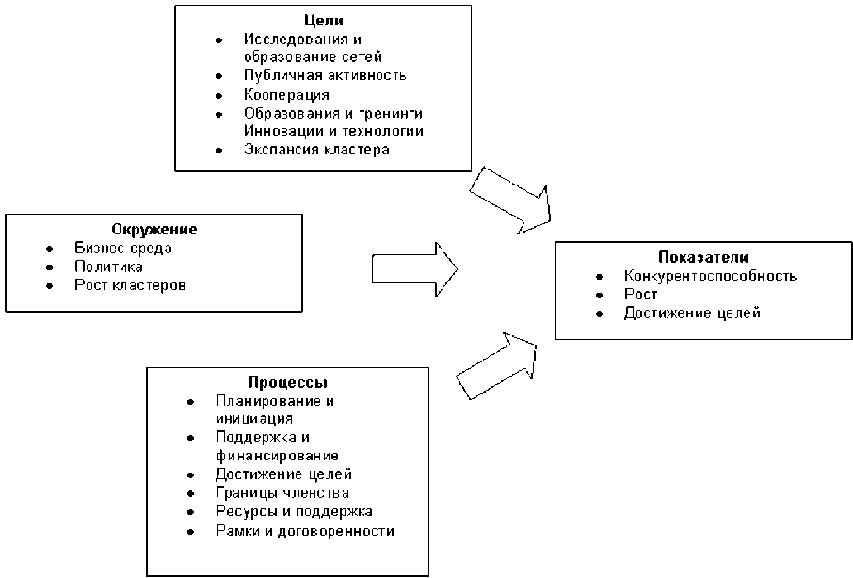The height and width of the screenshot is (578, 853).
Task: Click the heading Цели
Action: (x=322, y=21)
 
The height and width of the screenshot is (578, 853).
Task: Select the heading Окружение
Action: (x=153, y=230)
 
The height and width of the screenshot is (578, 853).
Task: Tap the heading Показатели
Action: (x=703, y=257)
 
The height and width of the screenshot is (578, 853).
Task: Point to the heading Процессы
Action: (x=288, y=382)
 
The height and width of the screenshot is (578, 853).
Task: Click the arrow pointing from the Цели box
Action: (x=511, y=200)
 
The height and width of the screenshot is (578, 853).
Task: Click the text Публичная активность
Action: (x=324, y=75)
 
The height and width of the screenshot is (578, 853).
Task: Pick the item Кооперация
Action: (x=285, y=94)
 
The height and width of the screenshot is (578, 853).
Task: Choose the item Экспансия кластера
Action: (x=315, y=149)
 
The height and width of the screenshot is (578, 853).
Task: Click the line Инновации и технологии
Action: (x=332, y=131)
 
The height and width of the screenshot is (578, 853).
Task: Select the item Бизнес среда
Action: (x=123, y=249)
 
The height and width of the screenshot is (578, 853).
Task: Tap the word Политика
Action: (x=108, y=266)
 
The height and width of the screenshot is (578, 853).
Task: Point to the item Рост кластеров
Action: (x=130, y=284)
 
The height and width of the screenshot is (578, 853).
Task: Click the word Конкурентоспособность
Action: (x=710, y=276)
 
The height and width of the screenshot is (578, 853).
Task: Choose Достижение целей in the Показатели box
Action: (x=691, y=313)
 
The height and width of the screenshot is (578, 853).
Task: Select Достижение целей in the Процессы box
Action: (x=283, y=474)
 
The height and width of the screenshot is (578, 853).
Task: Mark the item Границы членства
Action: (x=282, y=492)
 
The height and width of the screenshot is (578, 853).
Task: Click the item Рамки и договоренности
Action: (x=304, y=530)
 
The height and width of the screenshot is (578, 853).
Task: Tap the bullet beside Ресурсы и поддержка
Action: (x=191, y=511)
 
